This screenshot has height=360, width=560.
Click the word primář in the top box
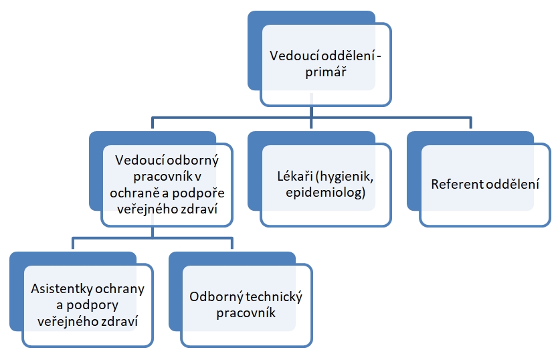(326, 72)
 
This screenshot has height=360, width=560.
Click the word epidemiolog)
(326, 193)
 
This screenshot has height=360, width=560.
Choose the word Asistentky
(60, 288)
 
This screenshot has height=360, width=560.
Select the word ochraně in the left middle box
(134, 193)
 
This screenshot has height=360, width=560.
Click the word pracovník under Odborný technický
(246, 313)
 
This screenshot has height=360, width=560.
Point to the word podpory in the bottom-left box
(92, 306)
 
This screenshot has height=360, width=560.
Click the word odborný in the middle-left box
(193, 161)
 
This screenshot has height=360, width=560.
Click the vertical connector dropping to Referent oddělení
(471, 122)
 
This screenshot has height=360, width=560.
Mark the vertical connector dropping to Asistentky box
(73, 243)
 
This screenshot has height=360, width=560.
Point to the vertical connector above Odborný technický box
(232, 243)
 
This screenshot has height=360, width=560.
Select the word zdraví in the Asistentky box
(120, 321)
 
